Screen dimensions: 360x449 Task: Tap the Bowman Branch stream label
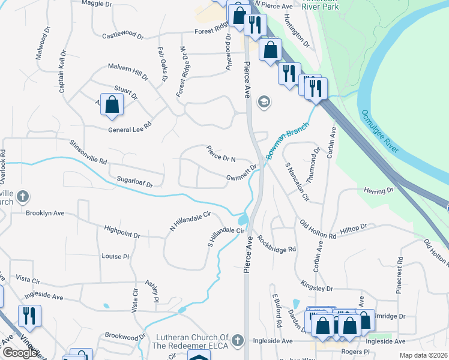tap(288, 142)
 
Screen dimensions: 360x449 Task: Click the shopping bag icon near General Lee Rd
tap(112, 104)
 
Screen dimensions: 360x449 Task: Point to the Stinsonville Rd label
tap(88, 153)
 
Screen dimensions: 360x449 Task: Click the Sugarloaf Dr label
tap(131, 181)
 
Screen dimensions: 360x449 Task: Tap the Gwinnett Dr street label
tap(242, 173)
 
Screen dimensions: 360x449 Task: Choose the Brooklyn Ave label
tap(44, 213)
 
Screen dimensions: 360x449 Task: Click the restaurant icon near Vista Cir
tap(28, 315)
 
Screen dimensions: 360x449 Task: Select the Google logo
tap(19, 353)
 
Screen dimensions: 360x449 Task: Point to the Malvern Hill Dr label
tap(127, 71)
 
